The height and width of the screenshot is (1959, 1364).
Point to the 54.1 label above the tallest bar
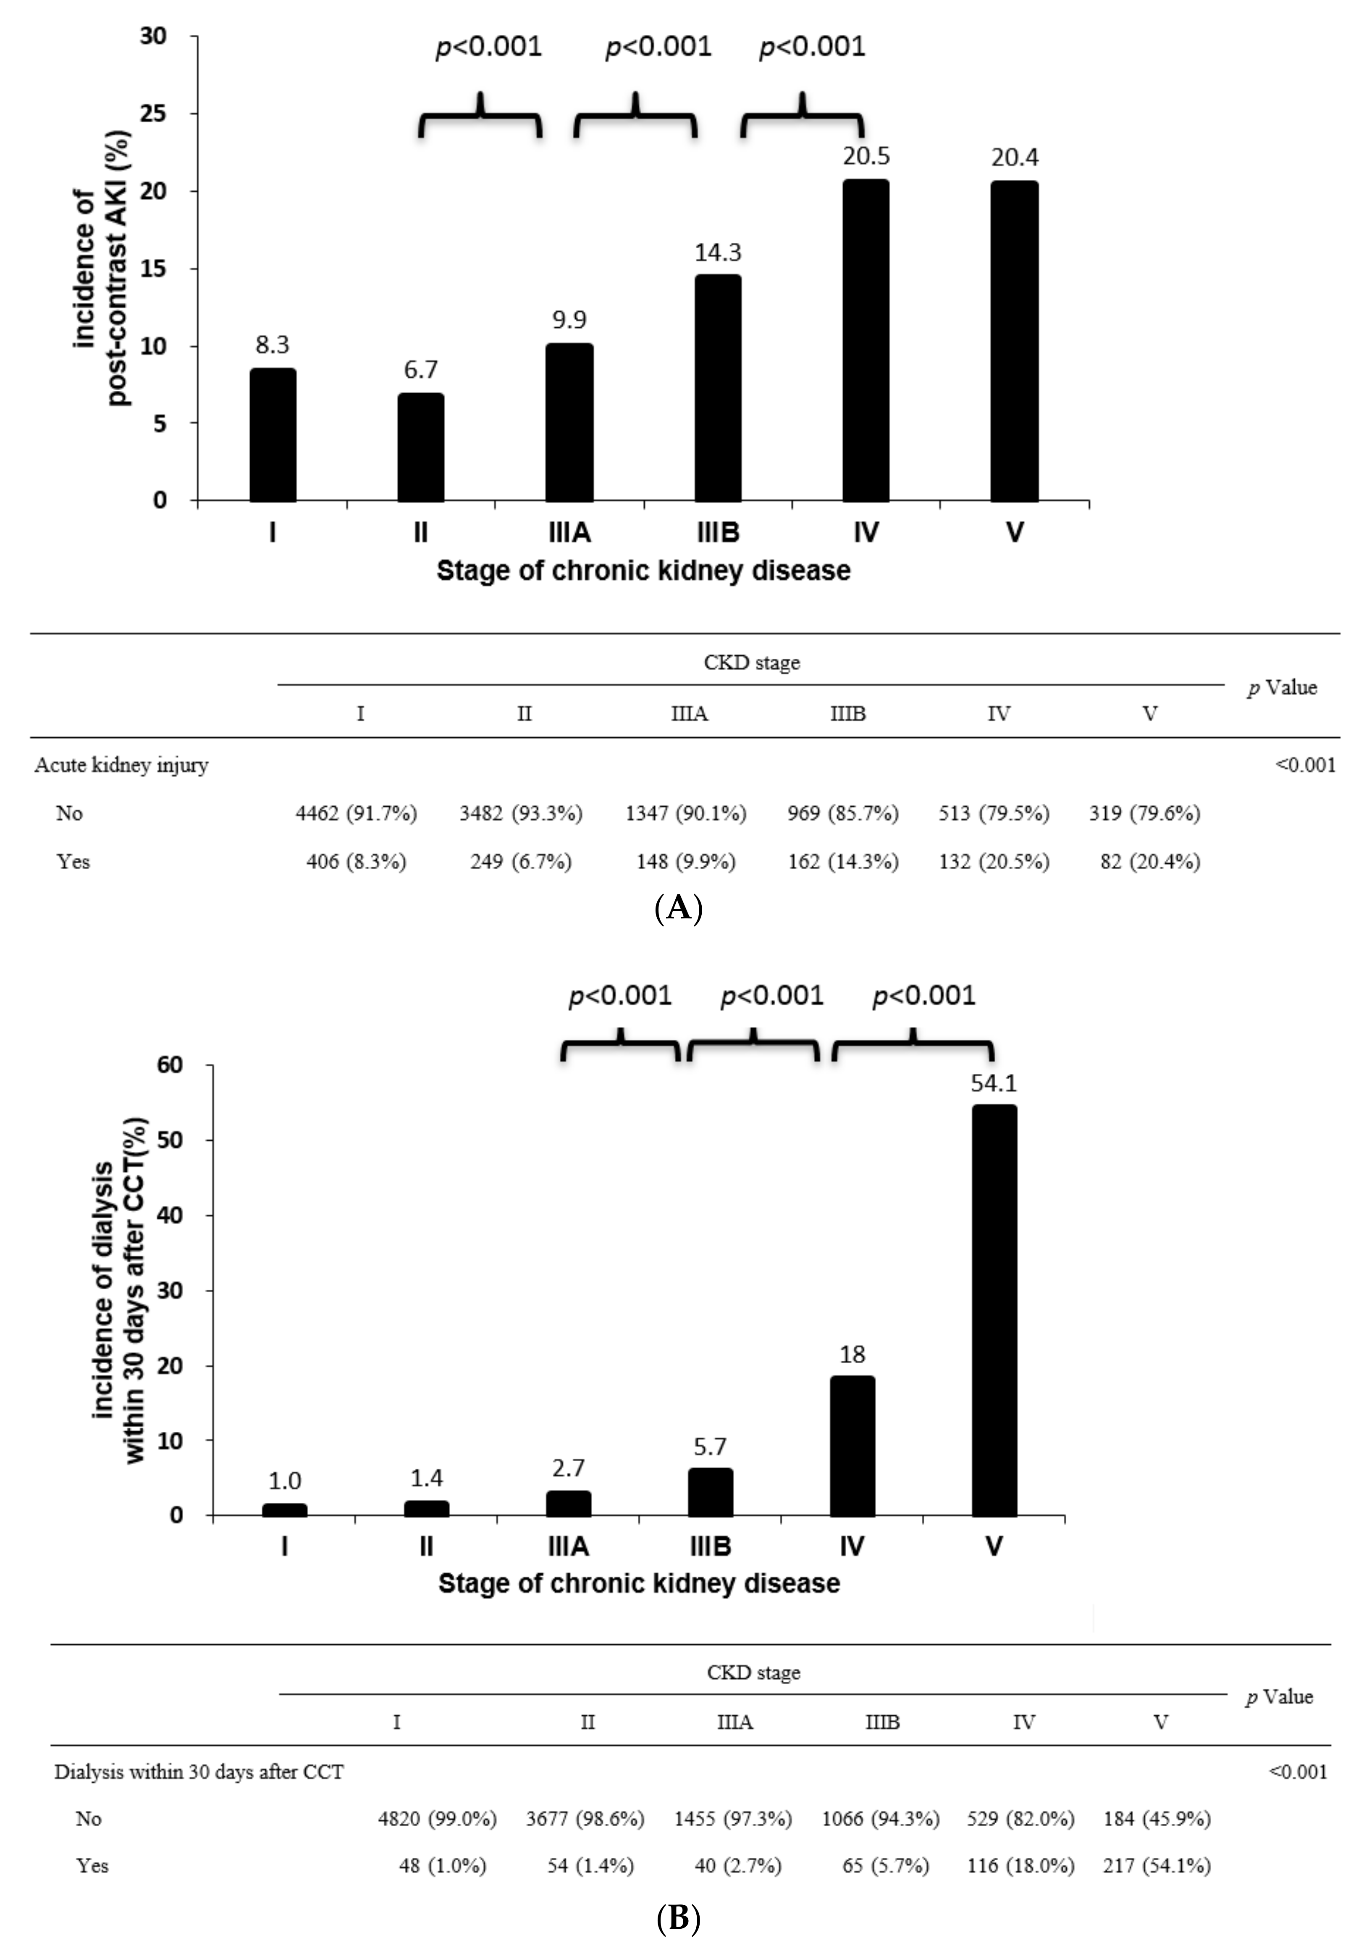point(994,1083)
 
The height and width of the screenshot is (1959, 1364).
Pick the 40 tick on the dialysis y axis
point(170,1215)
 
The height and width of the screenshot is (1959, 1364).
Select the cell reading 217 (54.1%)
point(1157,1866)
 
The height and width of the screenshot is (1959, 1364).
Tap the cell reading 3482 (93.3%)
point(520,813)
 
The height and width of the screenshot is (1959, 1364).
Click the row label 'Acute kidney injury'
point(121,765)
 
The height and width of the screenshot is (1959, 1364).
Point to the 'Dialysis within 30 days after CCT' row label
point(199,1772)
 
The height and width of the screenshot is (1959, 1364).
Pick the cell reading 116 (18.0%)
point(1020,1866)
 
